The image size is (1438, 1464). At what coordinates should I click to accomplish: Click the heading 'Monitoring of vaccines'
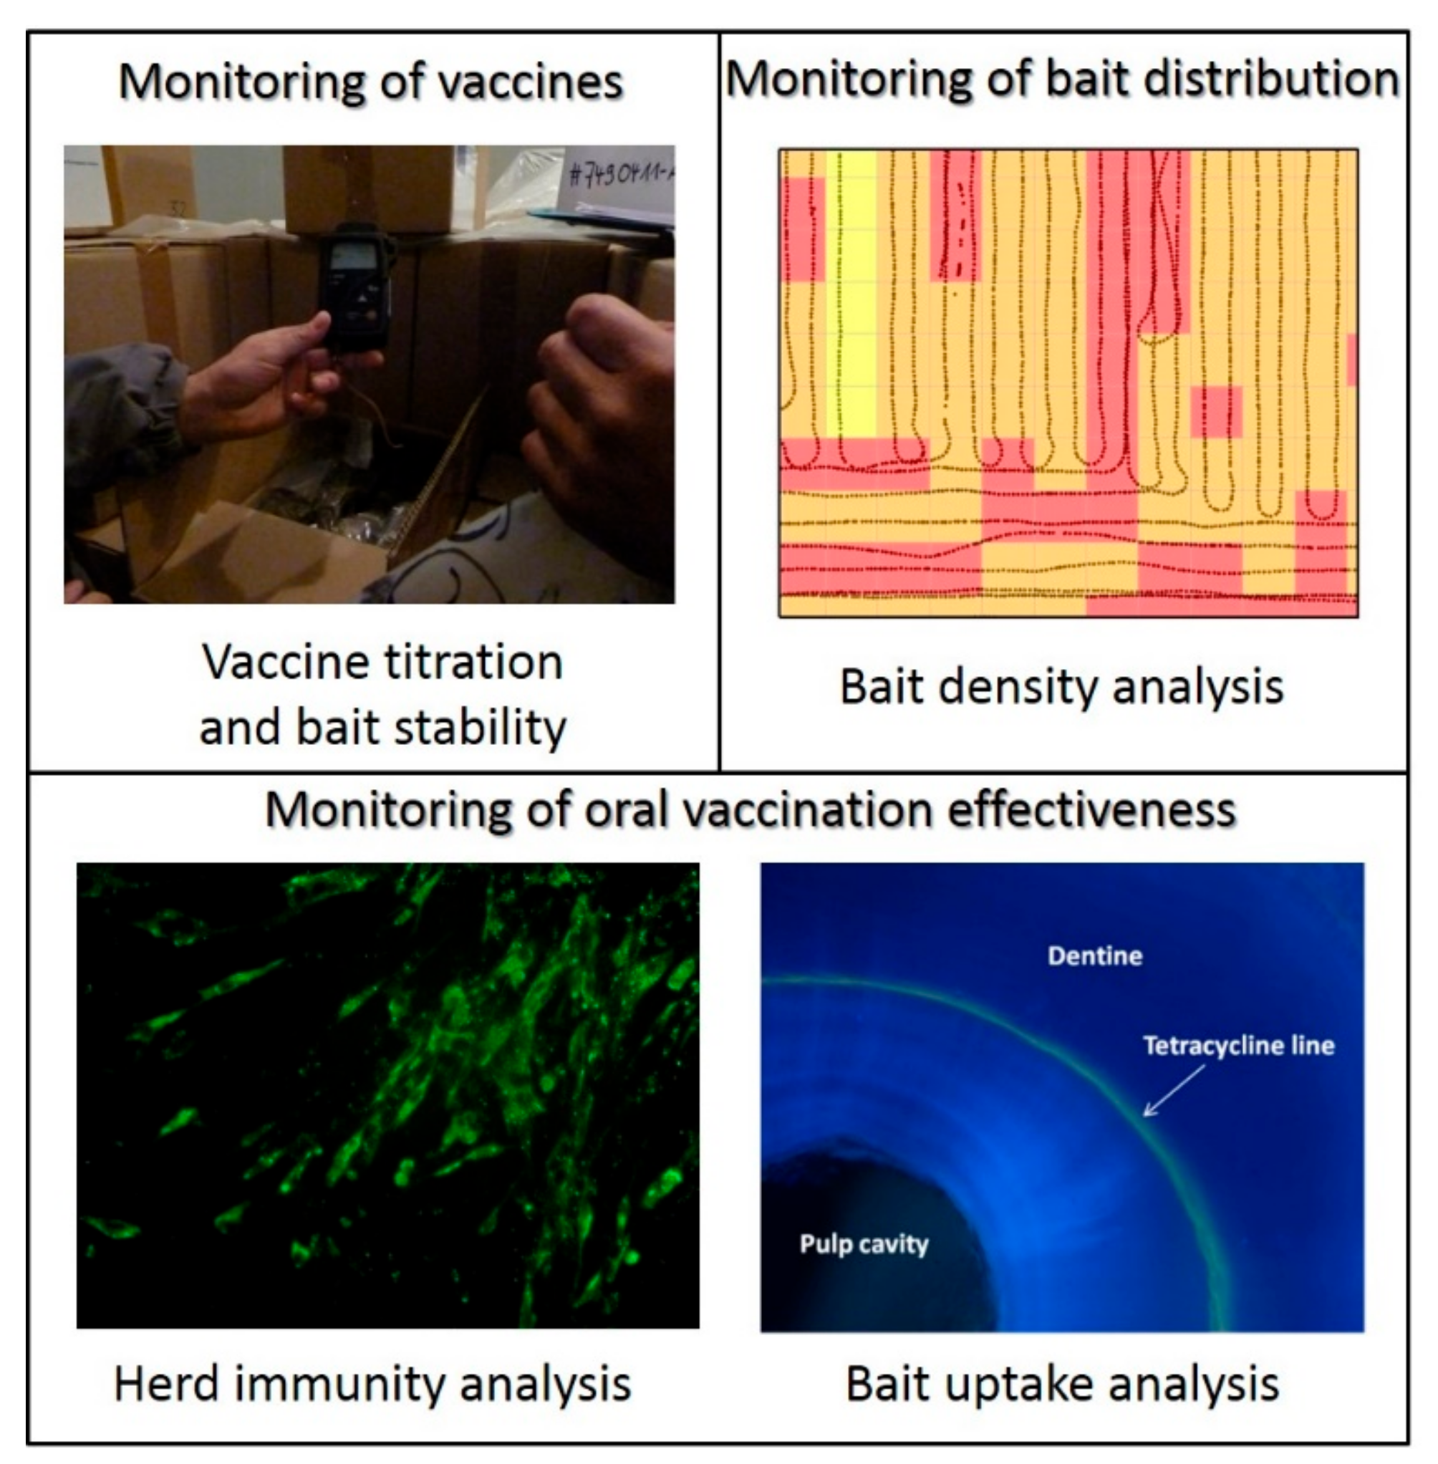[x=371, y=82]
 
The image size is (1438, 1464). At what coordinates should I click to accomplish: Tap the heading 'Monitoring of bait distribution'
[x=1063, y=79]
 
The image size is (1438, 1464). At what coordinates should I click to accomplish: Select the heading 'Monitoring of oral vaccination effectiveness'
[x=750, y=810]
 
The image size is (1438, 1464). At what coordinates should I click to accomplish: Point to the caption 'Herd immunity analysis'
[x=372, y=1384]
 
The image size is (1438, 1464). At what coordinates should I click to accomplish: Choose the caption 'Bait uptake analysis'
[x=1062, y=1384]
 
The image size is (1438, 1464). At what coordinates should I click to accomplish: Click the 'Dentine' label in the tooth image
[x=1094, y=956]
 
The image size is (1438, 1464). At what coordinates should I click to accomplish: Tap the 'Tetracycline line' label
[x=1238, y=1046]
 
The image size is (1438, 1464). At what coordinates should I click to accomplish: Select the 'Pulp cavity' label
[x=864, y=1243]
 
